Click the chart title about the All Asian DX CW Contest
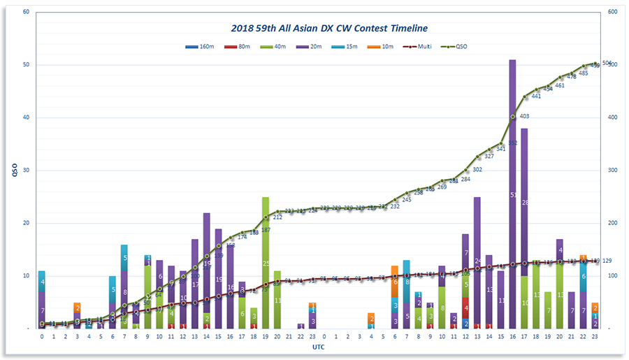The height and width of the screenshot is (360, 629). (329, 28)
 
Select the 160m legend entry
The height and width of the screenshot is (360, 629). (203, 48)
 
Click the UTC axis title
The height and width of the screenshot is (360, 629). (318, 347)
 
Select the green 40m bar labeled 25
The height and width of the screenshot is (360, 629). (266, 262)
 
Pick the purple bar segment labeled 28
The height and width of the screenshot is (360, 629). (524, 202)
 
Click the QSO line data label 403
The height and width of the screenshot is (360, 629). (524, 116)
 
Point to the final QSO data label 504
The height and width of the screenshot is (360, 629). (607, 63)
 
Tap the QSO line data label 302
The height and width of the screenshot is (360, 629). (477, 170)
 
